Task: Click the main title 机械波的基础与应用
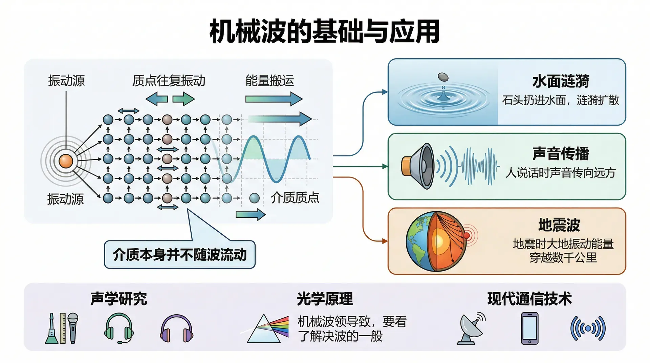pyautogui.click(x=324, y=31)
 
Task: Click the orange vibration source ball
pyautogui.click(x=66, y=161)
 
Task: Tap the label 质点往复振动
pyautogui.click(x=169, y=81)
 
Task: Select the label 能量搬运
pyautogui.click(x=269, y=81)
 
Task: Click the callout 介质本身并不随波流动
pyautogui.click(x=179, y=255)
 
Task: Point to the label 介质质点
pyautogui.click(x=295, y=198)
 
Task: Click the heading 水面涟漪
pyautogui.click(x=561, y=81)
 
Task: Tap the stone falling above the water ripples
pyautogui.click(x=443, y=77)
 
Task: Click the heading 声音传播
pyautogui.click(x=561, y=154)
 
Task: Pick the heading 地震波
pyautogui.click(x=559, y=225)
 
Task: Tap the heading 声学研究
pyautogui.click(x=118, y=299)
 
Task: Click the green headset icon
pyautogui.click(x=118, y=328)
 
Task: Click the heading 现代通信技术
pyautogui.click(x=529, y=299)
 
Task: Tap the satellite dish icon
pyautogui.click(x=472, y=328)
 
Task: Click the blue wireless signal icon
pyautogui.click(x=588, y=328)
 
